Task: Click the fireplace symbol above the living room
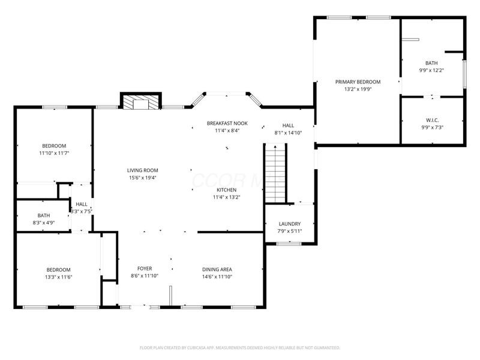click(140, 101)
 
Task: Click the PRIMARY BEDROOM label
click(358, 82)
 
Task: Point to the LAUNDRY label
click(289, 224)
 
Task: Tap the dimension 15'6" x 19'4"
click(142, 178)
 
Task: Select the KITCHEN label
click(226, 190)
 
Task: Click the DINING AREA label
click(217, 269)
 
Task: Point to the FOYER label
click(145, 269)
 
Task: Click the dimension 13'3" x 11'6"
click(59, 277)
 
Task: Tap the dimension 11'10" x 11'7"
click(54, 153)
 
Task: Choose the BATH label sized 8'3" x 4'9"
click(44, 215)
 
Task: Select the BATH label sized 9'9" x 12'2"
click(431, 63)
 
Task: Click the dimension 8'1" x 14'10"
click(288, 133)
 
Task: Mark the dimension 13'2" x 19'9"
click(358, 89)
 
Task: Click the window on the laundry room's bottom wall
click(289, 243)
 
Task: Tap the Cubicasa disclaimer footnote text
click(240, 347)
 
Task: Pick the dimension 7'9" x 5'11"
click(289, 231)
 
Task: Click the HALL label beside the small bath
click(82, 204)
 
